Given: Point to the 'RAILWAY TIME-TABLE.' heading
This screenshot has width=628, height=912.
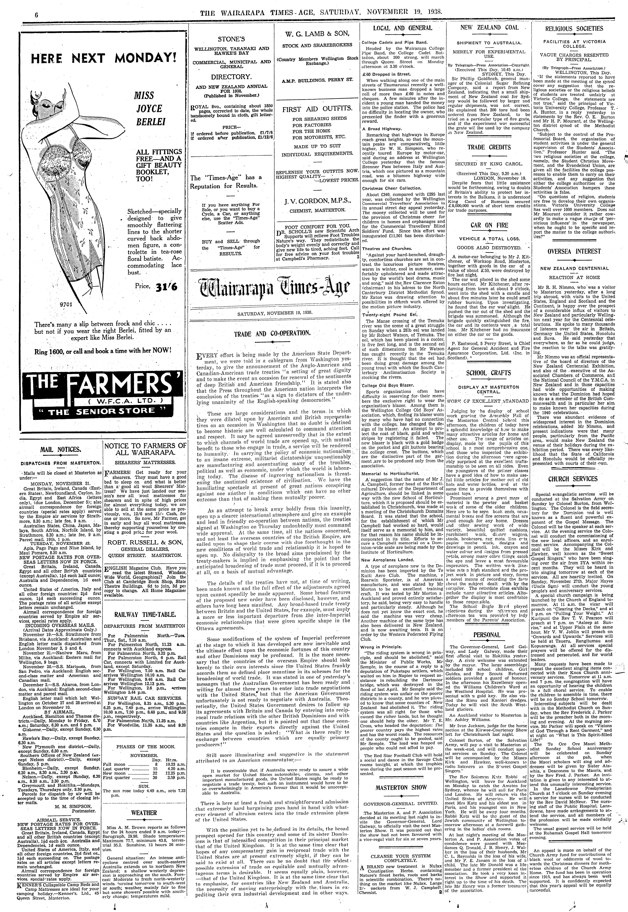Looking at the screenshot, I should (145, 615).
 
